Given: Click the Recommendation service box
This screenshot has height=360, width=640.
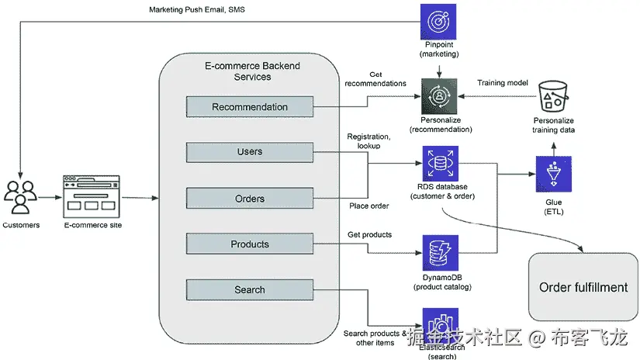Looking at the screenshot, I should pos(249,107).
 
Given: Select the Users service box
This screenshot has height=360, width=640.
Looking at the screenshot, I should pos(249,152).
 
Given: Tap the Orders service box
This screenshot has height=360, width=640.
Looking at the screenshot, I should pos(249,199).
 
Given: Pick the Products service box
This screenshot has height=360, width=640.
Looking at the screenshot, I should pos(249,244).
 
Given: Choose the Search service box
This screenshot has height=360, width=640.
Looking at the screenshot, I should pos(249,290).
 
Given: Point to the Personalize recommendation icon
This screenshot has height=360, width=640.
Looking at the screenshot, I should pos(440,96).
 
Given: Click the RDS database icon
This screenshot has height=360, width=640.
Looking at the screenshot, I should pos(440,164).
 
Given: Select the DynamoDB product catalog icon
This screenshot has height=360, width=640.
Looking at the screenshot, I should pos(440,254).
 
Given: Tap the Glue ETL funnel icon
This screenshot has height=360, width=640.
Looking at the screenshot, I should pos(553,175).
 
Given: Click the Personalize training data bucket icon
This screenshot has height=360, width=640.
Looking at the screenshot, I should pos(553,95).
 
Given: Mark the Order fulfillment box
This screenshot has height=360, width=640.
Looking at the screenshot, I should pos(583,287).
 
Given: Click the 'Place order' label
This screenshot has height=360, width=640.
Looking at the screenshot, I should pos(368,206).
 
